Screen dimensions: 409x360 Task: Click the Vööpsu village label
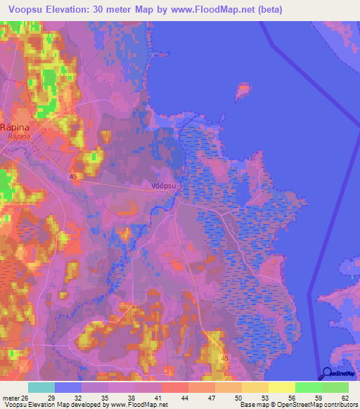163,186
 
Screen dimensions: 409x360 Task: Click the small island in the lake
243,90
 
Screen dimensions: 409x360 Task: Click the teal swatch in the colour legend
41,387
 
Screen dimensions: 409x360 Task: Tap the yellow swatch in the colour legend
281,387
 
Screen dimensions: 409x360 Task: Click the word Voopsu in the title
27,10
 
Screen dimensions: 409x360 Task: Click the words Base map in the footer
254,404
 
